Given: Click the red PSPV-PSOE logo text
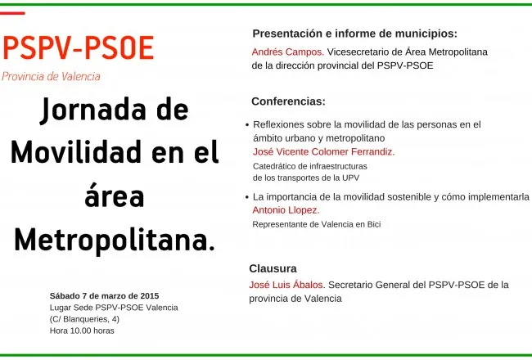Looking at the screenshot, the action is click(79, 47).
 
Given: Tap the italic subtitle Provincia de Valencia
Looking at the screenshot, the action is click(51, 76).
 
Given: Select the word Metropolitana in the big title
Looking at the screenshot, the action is click(115, 241).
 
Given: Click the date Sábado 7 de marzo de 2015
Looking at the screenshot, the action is click(104, 296).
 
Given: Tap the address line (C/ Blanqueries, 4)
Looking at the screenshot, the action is click(84, 319).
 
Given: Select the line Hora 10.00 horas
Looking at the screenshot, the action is click(82, 331).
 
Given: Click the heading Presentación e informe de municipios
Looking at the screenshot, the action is click(355, 34).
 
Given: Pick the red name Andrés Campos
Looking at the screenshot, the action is click(288, 52).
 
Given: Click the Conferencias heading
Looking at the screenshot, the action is click(288, 101).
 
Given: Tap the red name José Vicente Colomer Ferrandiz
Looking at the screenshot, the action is click(323, 151).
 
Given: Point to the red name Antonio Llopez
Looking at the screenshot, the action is click(286, 210).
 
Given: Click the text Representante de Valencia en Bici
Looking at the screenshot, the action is click(317, 224).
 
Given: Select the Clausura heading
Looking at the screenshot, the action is click(273, 268).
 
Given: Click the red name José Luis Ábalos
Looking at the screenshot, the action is click(287, 285).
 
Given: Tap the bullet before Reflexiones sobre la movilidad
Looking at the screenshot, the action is click(247, 125).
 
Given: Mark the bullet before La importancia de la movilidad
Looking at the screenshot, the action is click(247, 197).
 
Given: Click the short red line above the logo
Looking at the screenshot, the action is click(12, 14).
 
